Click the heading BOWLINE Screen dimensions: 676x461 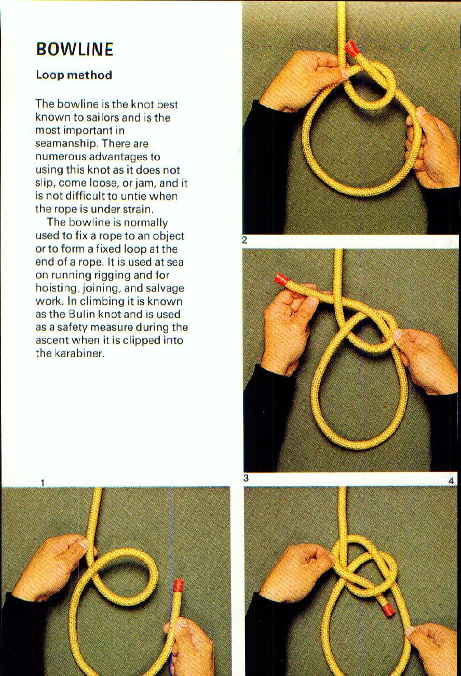pos(74,49)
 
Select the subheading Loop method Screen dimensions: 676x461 pos(74,75)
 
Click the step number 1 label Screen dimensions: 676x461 pos(43,483)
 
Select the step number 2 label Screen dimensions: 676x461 pos(245,240)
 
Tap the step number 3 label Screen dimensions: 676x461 pos(246,478)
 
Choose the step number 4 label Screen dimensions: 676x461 pos(451,481)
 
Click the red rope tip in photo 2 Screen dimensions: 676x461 pos(352,48)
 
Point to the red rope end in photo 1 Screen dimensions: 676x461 pos(178,586)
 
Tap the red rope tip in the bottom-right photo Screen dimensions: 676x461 pos(387,609)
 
